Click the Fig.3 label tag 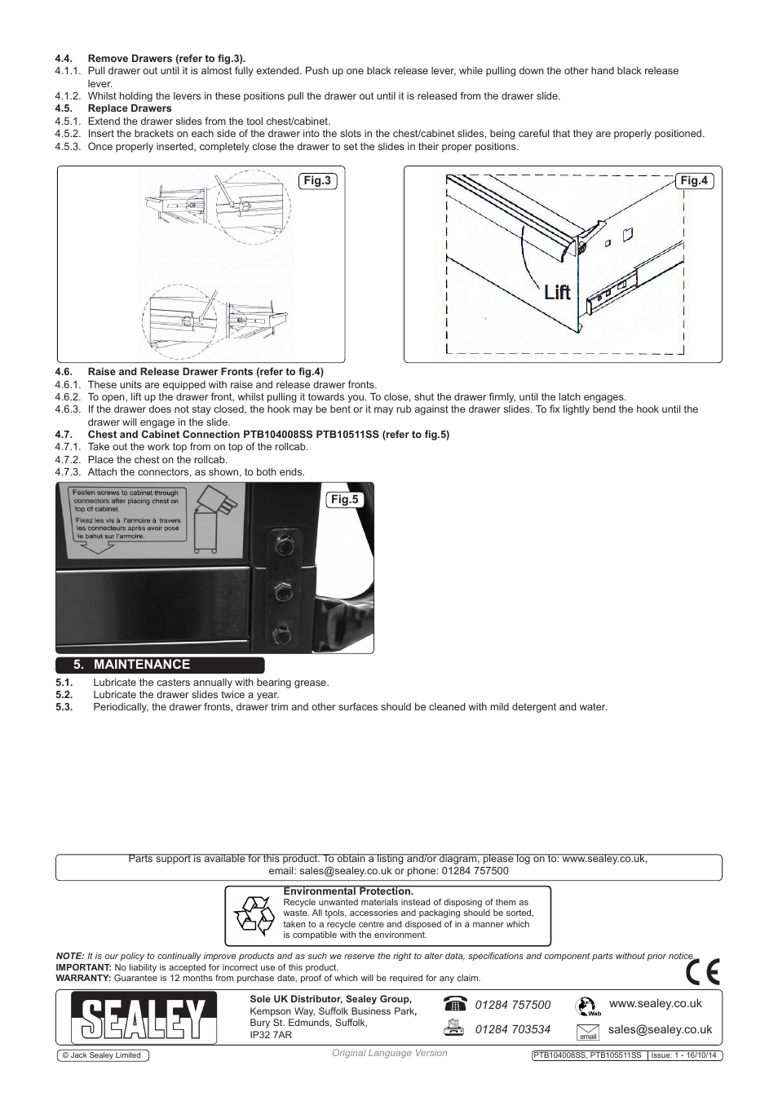pyautogui.click(x=316, y=180)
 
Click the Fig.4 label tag pyautogui.click(x=694, y=180)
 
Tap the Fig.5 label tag pyautogui.click(x=343, y=499)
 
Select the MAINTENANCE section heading pyautogui.click(x=142, y=665)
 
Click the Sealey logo pyautogui.click(x=142, y=1018)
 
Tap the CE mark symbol pyautogui.click(x=702, y=971)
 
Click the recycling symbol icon pyautogui.click(x=254, y=914)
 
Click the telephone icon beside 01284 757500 pyautogui.click(x=456, y=1004)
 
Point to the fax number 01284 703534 pyautogui.click(x=513, y=1029)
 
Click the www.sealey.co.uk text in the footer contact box pyautogui.click(x=656, y=1003)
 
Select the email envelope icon pyautogui.click(x=587, y=1032)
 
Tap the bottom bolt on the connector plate pyautogui.click(x=283, y=632)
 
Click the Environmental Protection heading pyautogui.click(x=348, y=891)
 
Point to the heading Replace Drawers pyautogui.click(x=130, y=108)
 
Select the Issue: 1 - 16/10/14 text pyautogui.click(x=683, y=1055)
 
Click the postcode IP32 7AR pyautogui.click(x=271, y=1035)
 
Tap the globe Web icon pyautogui.click(x=587, y=1006)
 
